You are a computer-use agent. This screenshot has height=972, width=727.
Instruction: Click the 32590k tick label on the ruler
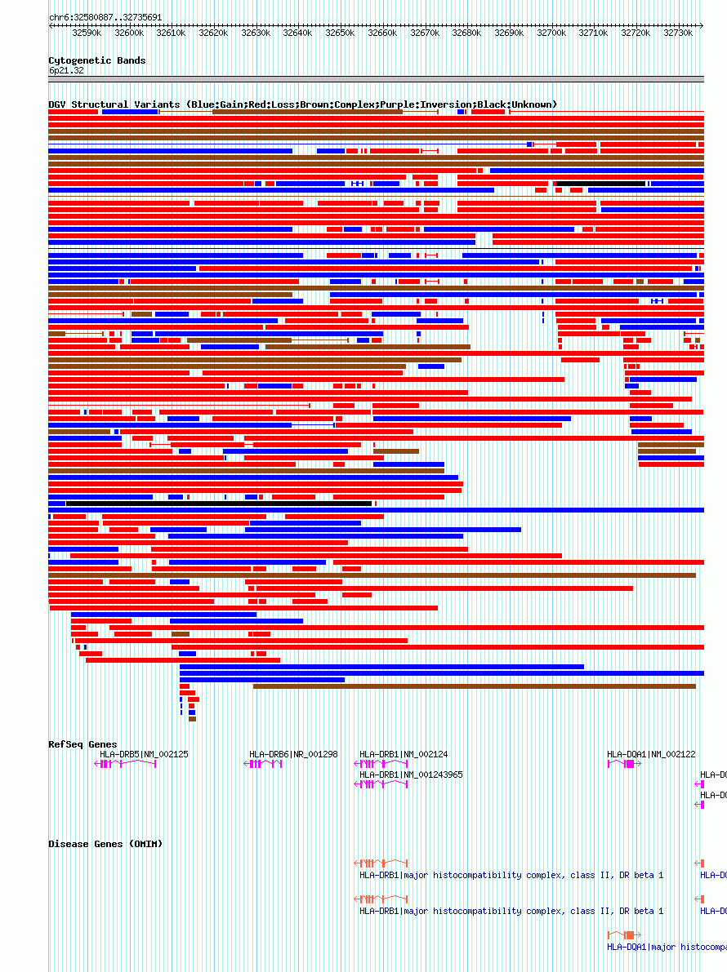pos(87,33)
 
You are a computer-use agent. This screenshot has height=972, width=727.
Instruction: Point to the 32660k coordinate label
pos(381,33)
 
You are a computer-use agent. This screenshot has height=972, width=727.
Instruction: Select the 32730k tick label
pos(677,33)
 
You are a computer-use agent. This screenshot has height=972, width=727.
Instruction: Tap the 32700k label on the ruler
pos(551,33)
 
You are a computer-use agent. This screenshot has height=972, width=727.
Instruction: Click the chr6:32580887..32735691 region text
pos(105,17)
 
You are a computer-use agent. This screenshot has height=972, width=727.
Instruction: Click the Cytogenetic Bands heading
pos(96,60)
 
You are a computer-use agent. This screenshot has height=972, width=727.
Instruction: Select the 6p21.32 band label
pos(66,71)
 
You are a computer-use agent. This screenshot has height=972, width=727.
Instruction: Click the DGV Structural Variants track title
pos(302,104)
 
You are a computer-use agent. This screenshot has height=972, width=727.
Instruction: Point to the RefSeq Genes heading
pos(83,744)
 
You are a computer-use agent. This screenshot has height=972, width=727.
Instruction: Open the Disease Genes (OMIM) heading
pos(105,844)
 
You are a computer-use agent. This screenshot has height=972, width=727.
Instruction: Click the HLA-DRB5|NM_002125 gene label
pos(144,754)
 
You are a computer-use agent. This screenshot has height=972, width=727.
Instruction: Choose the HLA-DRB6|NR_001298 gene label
pos(293,754)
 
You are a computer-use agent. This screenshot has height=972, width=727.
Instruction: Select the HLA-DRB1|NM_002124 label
pos(404,754)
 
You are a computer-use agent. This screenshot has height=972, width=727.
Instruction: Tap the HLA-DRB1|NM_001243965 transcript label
pos(411,774)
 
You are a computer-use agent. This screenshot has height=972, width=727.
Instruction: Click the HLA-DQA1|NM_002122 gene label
pos(651,754)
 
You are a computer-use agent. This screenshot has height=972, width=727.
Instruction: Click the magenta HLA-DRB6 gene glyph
pos(263,764)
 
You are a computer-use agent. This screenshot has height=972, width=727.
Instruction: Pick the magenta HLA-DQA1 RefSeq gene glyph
pos(624,764)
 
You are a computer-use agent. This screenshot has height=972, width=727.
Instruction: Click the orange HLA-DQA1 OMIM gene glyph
pos(624,935)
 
